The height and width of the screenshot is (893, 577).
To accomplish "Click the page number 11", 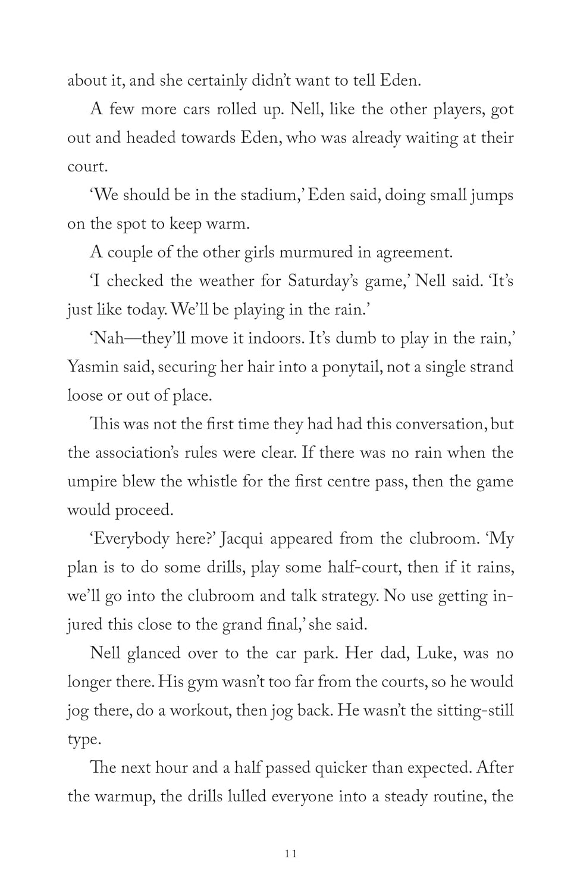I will click(291, 854).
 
